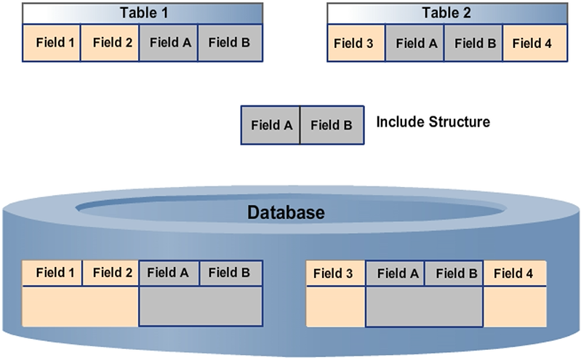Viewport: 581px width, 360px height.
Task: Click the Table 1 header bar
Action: pyautogui.click(x=143, y=13)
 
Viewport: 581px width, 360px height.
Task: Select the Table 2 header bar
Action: pyautogui.click(x=446, y=13)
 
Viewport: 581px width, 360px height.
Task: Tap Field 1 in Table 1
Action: pyautogui.click(x=52, y=43)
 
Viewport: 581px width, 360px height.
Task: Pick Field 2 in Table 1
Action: pyautogui.click(x=110, y=43)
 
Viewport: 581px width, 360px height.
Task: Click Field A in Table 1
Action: pyautogui.click(x=169, y=43)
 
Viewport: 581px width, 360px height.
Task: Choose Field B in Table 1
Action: pyautogui.click(x=228, y=43)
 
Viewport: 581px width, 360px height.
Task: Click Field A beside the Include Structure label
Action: pyautogui.click(x=271, y=124)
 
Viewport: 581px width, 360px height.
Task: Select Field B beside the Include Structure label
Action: pyautogui.click(x=330, y=124)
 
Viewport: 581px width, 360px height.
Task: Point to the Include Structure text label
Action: pyautogui.click(x=433, y=121)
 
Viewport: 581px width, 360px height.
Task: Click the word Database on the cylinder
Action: pyautogui.click(x=286, y=213)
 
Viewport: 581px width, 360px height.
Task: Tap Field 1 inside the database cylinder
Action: pyautogui.click(x=53, y=273)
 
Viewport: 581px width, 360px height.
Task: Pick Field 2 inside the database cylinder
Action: pyautogui.click(x=111, y=273)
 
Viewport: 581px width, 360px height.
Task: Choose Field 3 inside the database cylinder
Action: pyautogui.click(x=336, y=274)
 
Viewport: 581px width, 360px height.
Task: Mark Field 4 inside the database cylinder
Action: pyautogui.click(x=515, y=274)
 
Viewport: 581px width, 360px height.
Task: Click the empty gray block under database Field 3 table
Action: pyautogui.click(x=424, y=306)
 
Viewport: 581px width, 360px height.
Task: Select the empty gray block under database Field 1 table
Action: pyautogui.click(x=200, y=305)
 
